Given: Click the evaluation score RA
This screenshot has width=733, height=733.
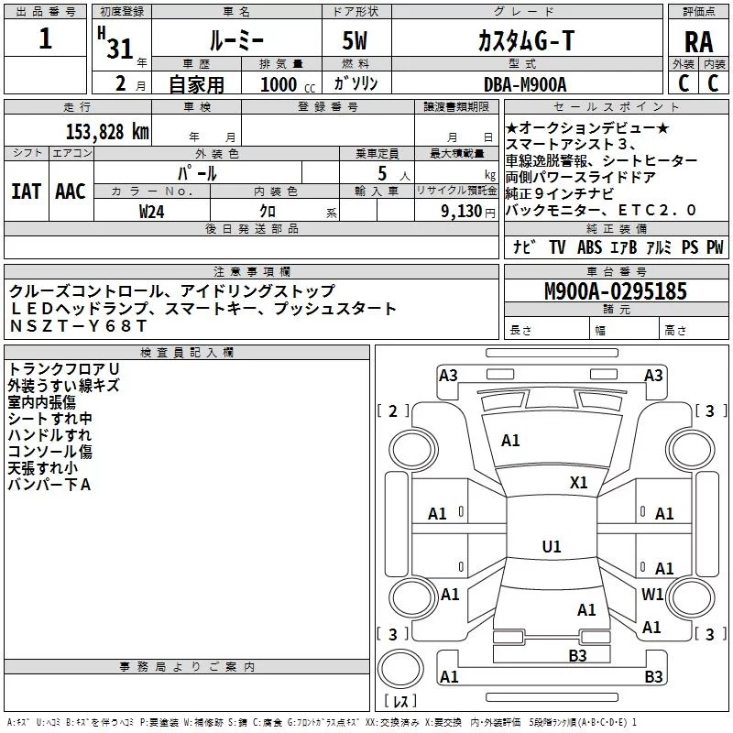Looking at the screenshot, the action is tap(698, 41).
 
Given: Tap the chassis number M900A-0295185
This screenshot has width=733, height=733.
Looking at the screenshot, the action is tap(615, 291).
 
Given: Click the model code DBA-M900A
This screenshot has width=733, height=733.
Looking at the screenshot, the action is tap(525, 84).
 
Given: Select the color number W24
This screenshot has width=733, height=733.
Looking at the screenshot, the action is tap(152, 211).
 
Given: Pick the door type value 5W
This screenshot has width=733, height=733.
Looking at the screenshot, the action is tap(356, 40).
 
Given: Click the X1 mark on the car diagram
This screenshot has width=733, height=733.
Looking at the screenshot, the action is tap(578, 483).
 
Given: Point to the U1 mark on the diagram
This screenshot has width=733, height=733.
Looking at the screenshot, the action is tap(551, 547).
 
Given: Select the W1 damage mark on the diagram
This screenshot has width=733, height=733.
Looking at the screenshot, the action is tap(652, 595).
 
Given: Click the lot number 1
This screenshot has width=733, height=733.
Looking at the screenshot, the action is tap(46, 40).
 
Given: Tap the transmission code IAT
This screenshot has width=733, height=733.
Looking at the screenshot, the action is tap(26, 191).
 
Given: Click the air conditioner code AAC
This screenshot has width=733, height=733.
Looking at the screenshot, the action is tap(71, 191).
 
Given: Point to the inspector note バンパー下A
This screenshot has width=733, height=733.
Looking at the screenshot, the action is tap(49, 484).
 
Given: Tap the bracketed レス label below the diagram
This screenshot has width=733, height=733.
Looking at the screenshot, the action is tap(400, 702).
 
